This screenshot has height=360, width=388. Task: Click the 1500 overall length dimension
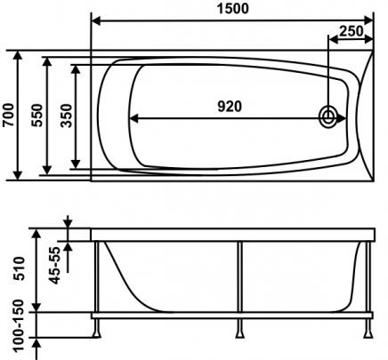coord(233,8)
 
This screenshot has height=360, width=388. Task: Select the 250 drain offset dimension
coord(352,31)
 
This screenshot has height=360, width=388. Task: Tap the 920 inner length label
coord(230,107)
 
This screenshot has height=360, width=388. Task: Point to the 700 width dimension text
coord(8,115)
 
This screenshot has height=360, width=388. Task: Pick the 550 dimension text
coord(37,116)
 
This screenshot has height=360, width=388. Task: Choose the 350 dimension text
coord(66,116)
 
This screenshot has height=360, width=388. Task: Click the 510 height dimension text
coord(20,268)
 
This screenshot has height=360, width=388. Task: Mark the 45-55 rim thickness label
coord(54,265)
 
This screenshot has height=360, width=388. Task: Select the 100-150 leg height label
coord(19,325)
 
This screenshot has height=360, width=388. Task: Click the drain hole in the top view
coord(327,116)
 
